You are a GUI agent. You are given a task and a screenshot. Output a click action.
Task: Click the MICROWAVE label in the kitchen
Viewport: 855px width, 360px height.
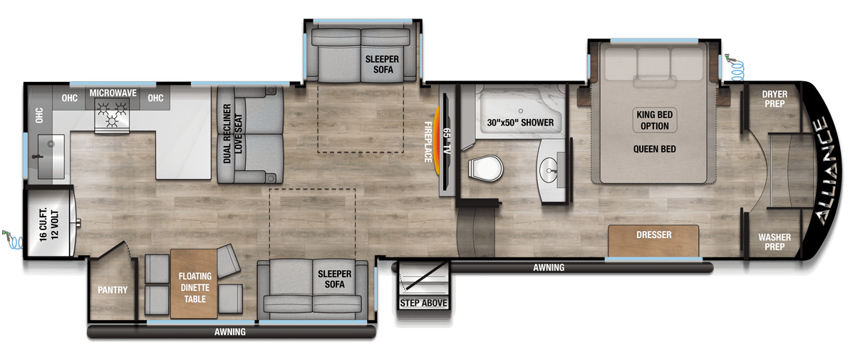pos(113,93)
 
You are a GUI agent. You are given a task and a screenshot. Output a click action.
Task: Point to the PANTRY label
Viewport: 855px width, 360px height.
pos(112,290)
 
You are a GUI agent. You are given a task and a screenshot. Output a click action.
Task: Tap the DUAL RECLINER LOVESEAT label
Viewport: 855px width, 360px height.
pos(227,135)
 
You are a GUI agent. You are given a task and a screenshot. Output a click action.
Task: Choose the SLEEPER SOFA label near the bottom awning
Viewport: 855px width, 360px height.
pos(331,279)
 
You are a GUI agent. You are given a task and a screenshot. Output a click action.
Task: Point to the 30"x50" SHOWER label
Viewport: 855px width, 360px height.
pos(519,123)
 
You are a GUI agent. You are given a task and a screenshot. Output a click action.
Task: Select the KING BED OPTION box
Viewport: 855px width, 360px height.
pos(654,120)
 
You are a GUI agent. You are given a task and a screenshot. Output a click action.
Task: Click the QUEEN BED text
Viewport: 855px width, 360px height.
pos(654,149)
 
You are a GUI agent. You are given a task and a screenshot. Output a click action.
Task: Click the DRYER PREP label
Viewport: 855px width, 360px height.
pos(774,99)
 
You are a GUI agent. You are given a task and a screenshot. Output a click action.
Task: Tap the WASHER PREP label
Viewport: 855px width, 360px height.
pos(774,242)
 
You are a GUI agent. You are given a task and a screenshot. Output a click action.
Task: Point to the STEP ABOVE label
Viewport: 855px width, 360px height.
pos(423,304)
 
